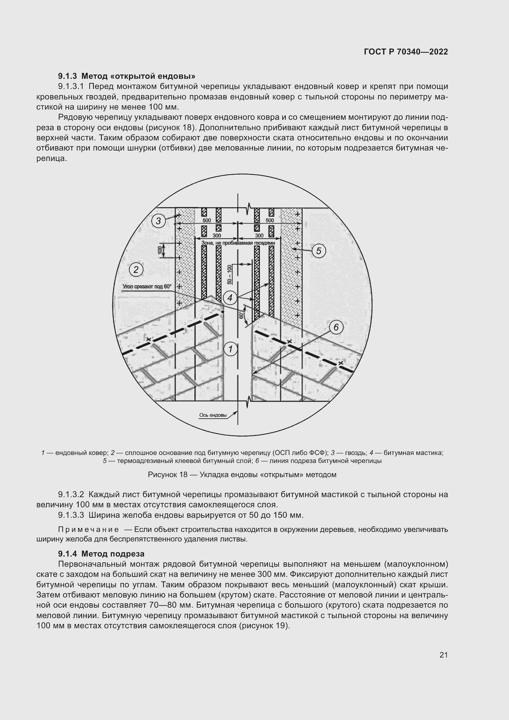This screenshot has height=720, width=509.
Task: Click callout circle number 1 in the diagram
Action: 231,349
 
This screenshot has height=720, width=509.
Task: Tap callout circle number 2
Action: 136,270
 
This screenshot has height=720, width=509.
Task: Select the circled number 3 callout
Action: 158,221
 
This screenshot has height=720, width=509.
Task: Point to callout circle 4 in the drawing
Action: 230,298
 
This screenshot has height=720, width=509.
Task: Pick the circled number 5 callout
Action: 319,251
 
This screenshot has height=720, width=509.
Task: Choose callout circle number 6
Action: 336,328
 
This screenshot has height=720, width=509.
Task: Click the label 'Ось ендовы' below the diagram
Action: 213,415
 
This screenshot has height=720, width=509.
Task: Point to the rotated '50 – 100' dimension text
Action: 230,275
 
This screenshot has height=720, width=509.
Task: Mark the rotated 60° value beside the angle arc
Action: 241,315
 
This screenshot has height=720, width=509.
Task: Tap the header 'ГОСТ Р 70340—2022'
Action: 406,52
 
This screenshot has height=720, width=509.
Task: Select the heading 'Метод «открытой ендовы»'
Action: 138,76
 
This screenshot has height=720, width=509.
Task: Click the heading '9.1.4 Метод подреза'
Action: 101,554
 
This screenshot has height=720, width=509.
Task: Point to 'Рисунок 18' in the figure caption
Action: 167,474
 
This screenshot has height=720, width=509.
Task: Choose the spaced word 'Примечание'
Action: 89,530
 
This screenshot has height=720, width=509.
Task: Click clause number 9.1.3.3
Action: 71,515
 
